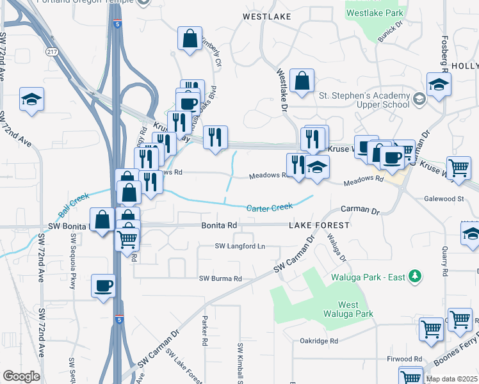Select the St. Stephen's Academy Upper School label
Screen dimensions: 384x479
coord(364,100)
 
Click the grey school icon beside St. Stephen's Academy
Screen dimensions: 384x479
coord(419,99)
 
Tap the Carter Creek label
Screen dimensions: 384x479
coord(270,207)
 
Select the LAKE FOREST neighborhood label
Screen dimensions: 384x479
coord(319,225)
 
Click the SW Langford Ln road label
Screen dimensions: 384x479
coord(239,246)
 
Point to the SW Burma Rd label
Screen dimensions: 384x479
coord(220,278)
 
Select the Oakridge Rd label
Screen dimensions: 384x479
coord(318,341)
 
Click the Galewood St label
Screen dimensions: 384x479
coord(443,199)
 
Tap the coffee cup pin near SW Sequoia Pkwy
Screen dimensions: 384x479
coord(102,286)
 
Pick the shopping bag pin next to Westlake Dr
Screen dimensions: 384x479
coord(301,81)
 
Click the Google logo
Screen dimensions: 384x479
coord(21,376)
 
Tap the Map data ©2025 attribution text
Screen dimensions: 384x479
coord(451,379)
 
